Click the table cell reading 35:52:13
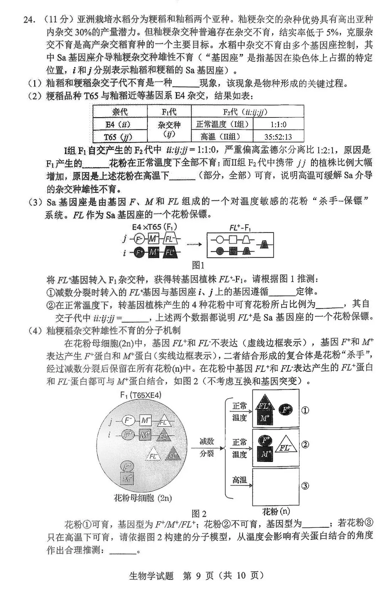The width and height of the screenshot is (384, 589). point(278,136)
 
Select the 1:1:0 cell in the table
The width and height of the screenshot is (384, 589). point(278,124)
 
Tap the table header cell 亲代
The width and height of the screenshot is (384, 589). point(120,112)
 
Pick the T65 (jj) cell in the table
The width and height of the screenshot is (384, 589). point(120,136)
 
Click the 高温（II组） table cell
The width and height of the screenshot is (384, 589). point(222,136)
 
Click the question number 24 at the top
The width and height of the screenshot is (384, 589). point(30,20)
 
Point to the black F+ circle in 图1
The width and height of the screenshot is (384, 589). point(139,253)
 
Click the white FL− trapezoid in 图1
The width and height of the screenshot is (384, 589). point(170,239)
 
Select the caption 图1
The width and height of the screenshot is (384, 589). point(198,265)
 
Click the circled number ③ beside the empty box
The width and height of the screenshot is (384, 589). point(305,485)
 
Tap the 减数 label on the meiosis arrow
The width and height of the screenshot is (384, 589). point(207,442)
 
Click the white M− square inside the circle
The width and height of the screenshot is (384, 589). point(145,421)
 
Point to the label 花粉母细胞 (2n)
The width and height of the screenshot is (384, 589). point(143,498)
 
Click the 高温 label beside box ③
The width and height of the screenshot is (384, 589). point(239,480)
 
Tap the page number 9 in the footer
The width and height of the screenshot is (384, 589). point(198,575)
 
